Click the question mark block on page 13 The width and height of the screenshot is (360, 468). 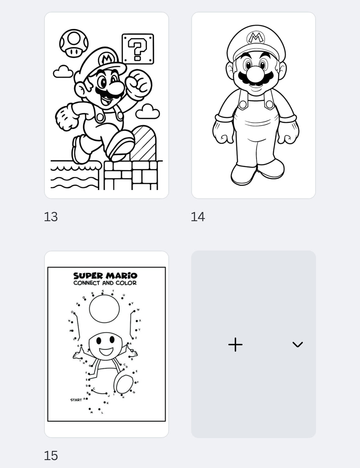(138, 49)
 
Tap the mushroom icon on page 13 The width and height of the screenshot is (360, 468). (74, 43)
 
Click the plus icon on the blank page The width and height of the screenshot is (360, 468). (235, 345)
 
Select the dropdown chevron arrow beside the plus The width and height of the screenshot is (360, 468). (297, 345)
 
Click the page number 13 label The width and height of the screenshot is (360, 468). (51, 217)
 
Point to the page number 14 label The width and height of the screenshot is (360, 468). (198, 217)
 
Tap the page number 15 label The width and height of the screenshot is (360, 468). (51, 456)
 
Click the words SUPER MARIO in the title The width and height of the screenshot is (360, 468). (105, 276)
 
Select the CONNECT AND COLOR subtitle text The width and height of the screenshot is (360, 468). (105, 283)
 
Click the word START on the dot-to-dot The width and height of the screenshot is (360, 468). (76, 400)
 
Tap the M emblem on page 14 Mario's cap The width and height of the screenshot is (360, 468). (256, 38)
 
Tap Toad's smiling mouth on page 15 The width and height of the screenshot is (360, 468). (106, 351)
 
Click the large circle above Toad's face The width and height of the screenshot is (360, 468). (104, 309)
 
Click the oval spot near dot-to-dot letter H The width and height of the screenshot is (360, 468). (124, 384)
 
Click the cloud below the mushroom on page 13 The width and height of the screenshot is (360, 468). (63, 72)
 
